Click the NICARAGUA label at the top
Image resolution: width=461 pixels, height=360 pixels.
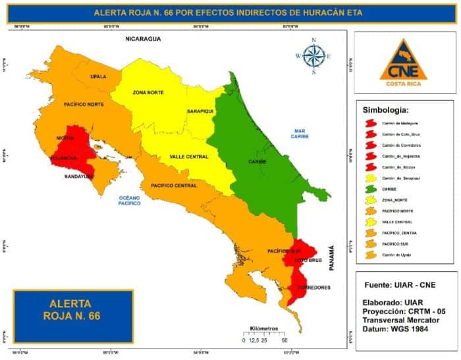tap(143, 39)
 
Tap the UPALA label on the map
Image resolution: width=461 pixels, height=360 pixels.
tap(98, 76)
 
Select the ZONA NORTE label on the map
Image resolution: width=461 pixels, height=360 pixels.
tap(148, 93)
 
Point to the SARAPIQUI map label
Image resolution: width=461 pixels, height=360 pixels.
tap(200, 111)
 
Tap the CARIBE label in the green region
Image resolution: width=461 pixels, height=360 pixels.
tap(256, 161)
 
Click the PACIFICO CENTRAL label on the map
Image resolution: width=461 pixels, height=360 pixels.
tap(174, 186)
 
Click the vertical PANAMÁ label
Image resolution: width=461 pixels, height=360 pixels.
tap(332, 259)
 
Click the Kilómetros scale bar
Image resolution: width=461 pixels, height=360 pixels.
tap(265, 334)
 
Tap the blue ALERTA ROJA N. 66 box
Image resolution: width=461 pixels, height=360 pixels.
tap(74, 311)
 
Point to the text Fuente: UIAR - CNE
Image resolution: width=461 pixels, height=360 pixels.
tap(399, 286)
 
